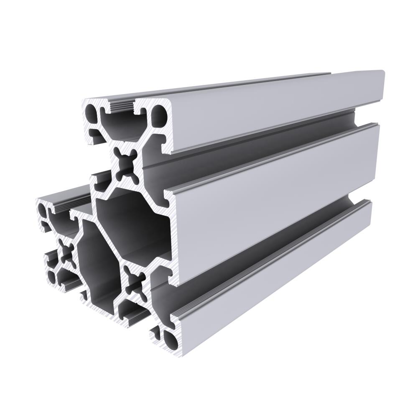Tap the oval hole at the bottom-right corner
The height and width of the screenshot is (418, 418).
pyautogui.click(x=171, y=339)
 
